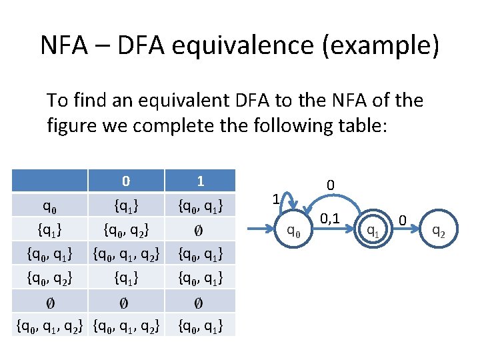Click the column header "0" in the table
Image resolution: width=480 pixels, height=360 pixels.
126,181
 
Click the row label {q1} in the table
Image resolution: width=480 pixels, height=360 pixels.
50,230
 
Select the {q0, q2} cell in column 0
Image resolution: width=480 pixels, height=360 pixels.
126,230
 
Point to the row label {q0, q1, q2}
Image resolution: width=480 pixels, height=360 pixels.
50,327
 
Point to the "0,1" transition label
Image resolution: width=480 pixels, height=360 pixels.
330,217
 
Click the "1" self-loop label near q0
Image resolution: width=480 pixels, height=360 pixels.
275,199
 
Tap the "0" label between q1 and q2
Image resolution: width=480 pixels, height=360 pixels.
403,219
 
